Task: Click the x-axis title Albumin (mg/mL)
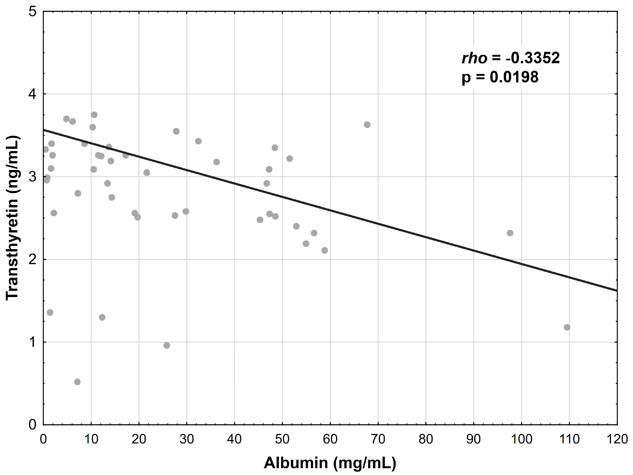[x=330, y=463]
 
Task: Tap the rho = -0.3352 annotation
[x=511, y=58]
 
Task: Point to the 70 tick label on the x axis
[x=378, y=439]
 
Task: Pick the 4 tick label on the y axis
[x=33, y=94]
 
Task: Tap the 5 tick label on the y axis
[x=33, y=12]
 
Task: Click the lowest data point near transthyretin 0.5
[x=77, y=382]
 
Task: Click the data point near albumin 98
[x=510, y=233]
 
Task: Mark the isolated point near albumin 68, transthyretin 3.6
[x=367, y=125]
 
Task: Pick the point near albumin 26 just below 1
[x=167, y=346]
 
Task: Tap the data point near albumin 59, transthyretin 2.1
[x=324, y=250]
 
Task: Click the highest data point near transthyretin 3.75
[x=94, y=115]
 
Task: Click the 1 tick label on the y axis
[x=33, y=342]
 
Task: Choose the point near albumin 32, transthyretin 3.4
[x=198, y=141]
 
